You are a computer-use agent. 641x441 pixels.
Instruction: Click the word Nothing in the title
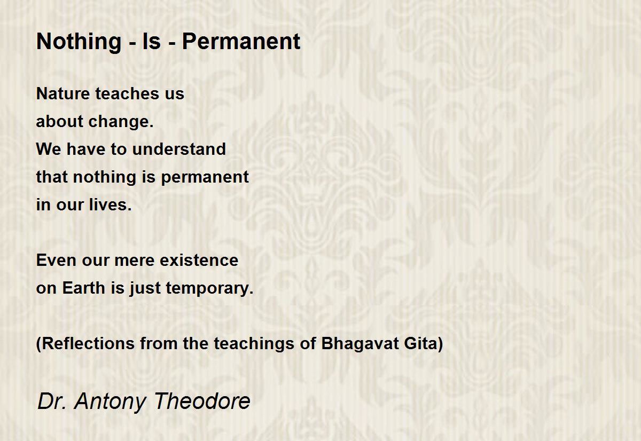click(79, 42)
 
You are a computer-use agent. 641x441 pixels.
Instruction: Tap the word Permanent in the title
click(241, 41)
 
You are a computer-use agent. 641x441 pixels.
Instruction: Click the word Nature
click(63, 93)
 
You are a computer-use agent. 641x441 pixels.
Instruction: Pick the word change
click(121, 122)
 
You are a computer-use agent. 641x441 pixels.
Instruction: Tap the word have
click(85, 149)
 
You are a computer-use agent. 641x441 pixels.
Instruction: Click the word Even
click(56, 260)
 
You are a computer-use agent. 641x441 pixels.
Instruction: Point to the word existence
click(199, 260)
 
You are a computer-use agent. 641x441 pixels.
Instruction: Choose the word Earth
click(83, 288)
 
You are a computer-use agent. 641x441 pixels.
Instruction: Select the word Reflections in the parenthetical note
click(85, 343)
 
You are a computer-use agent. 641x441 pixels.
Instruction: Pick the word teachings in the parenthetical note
click(254, 344)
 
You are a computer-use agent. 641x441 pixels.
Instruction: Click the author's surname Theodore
click(202, 401)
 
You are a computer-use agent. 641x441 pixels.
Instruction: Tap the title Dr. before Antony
click(52, 401)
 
